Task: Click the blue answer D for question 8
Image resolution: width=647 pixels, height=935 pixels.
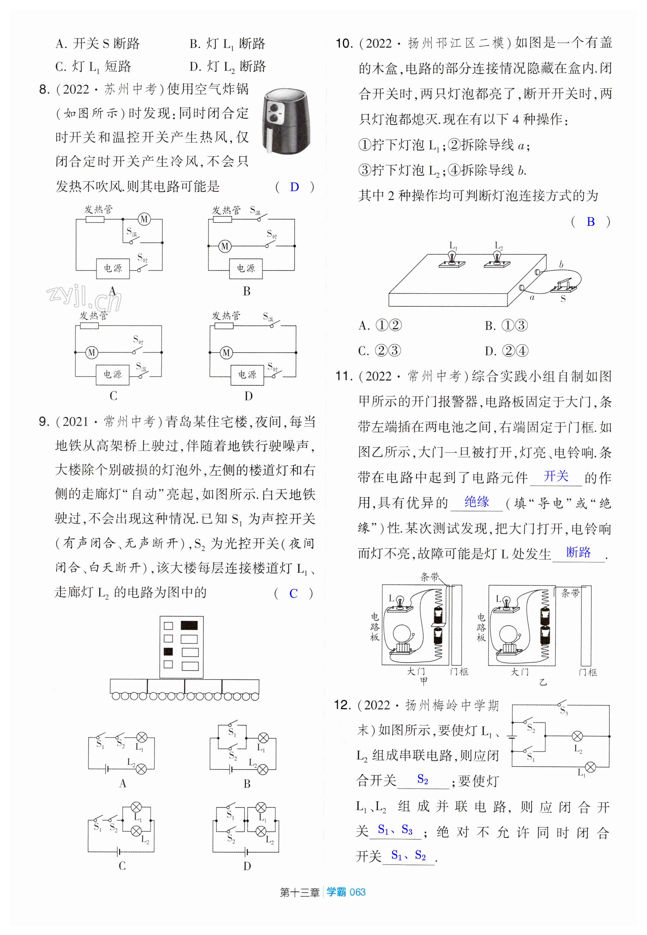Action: pos(294,187)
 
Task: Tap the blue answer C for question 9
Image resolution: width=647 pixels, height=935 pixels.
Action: pos(294,593)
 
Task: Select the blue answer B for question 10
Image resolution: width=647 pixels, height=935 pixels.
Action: pos(591,221)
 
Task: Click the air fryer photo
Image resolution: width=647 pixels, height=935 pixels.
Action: pos(287,122)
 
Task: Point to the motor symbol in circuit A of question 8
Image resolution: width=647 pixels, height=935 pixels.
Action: pos(144,219)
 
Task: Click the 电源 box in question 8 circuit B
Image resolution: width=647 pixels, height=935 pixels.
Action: pos(246,268)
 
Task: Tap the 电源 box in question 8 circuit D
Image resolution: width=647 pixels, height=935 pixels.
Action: pos(247,374)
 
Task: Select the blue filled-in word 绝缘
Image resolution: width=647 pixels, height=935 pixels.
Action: pos(477,502)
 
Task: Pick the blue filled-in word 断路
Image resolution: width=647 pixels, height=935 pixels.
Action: pos(578,552)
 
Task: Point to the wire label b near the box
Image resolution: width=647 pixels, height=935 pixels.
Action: pos(561,265)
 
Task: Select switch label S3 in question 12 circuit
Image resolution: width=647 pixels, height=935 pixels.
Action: pos(563,711)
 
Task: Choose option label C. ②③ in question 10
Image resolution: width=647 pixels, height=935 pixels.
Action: pos(380,351)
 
